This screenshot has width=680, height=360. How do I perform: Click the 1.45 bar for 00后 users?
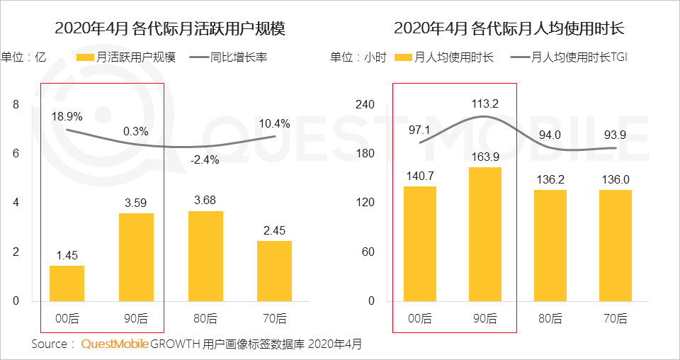point(67,283)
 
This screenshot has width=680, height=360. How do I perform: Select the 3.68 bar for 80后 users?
point(205,256)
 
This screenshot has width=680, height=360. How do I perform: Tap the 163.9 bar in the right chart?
point(484,234)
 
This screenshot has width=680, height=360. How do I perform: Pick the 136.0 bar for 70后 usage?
point(616,245)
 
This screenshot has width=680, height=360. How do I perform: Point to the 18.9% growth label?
point(67,116)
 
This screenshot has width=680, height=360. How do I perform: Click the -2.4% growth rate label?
point(205,159)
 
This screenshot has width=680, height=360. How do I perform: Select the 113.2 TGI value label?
point(485,104)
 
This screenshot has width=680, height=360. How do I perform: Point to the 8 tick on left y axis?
point(16,105)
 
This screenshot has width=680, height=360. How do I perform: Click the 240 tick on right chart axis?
point(364,105)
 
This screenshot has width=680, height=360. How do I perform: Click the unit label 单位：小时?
point(358,57)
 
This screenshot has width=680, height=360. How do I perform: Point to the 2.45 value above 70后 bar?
point(274,230)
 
